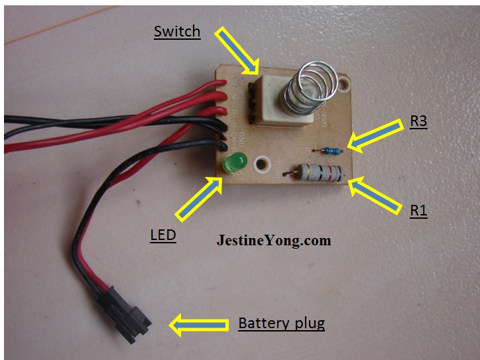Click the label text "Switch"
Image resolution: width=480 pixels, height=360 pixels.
click(x=176, y=31)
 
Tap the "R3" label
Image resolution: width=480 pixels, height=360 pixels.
click(x=419, y=122)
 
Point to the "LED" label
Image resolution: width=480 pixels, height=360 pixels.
click(x=162, y=235)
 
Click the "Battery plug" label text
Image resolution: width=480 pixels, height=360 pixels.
click(x=282, y=324)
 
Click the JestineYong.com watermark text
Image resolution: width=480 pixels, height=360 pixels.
click(x=273, y=240)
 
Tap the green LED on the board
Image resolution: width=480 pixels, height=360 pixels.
click(x=234, y=164)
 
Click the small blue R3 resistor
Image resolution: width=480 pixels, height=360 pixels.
click(x=330, y=150)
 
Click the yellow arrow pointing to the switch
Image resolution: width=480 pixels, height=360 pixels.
click(x=240, y=50)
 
